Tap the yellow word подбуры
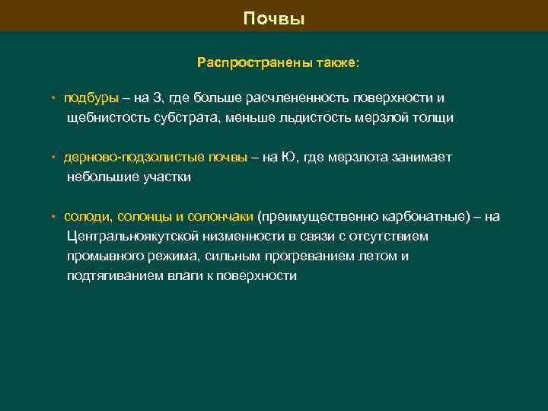coord(91,98)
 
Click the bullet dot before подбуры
coord(53,99)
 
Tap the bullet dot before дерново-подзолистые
coord(53,158)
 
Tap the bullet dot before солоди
coord(53,218)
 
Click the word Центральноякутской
coord(142,237)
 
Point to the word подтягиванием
coord(113,276)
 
